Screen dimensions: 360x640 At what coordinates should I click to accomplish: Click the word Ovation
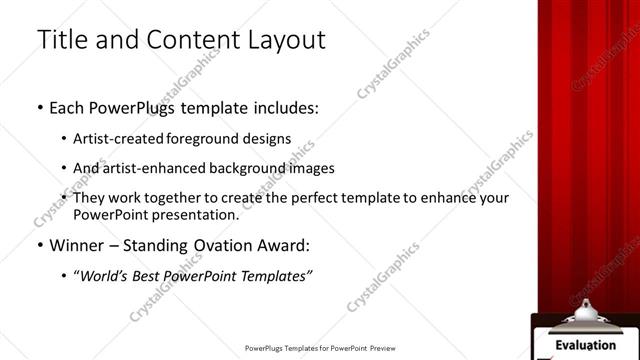click(x=220, y=245)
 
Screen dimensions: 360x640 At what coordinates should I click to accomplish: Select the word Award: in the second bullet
click(x=284, y=245)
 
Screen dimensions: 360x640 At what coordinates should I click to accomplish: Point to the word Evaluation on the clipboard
click(x=585, y=345)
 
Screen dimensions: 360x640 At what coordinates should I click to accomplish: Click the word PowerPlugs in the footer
click(x=268, y=349)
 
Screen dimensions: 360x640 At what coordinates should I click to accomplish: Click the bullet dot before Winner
click(x=40, y=245)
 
